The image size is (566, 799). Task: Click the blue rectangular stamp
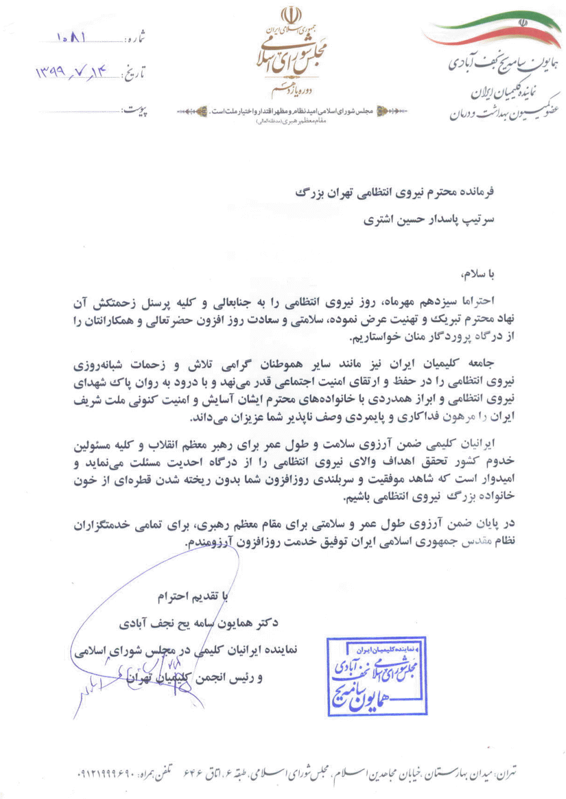pyautogui.click(x=377, y=676)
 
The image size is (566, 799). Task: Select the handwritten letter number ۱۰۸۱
pyautogui.click(x=71, y=38)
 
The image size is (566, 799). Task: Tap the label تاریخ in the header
pyautogui.click(x=134, y=74)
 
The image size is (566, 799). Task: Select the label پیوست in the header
pyautogui.click(x=135, y=110)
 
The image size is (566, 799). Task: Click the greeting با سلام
pyautogui.click(x=478, y=274)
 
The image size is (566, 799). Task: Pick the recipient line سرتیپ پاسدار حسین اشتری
pyautogui.click(x=428, y=220)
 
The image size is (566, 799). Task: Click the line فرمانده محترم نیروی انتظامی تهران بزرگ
pyautogui.click(x=394, y=192)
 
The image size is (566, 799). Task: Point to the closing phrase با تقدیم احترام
pyautogui.click(x=192, y=597)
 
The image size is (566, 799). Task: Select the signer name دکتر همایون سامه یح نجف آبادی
pyautogui.click(x=198, y=623)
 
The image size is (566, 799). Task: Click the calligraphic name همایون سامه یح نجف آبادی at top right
pyautogui.click(x=503, y=64)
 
